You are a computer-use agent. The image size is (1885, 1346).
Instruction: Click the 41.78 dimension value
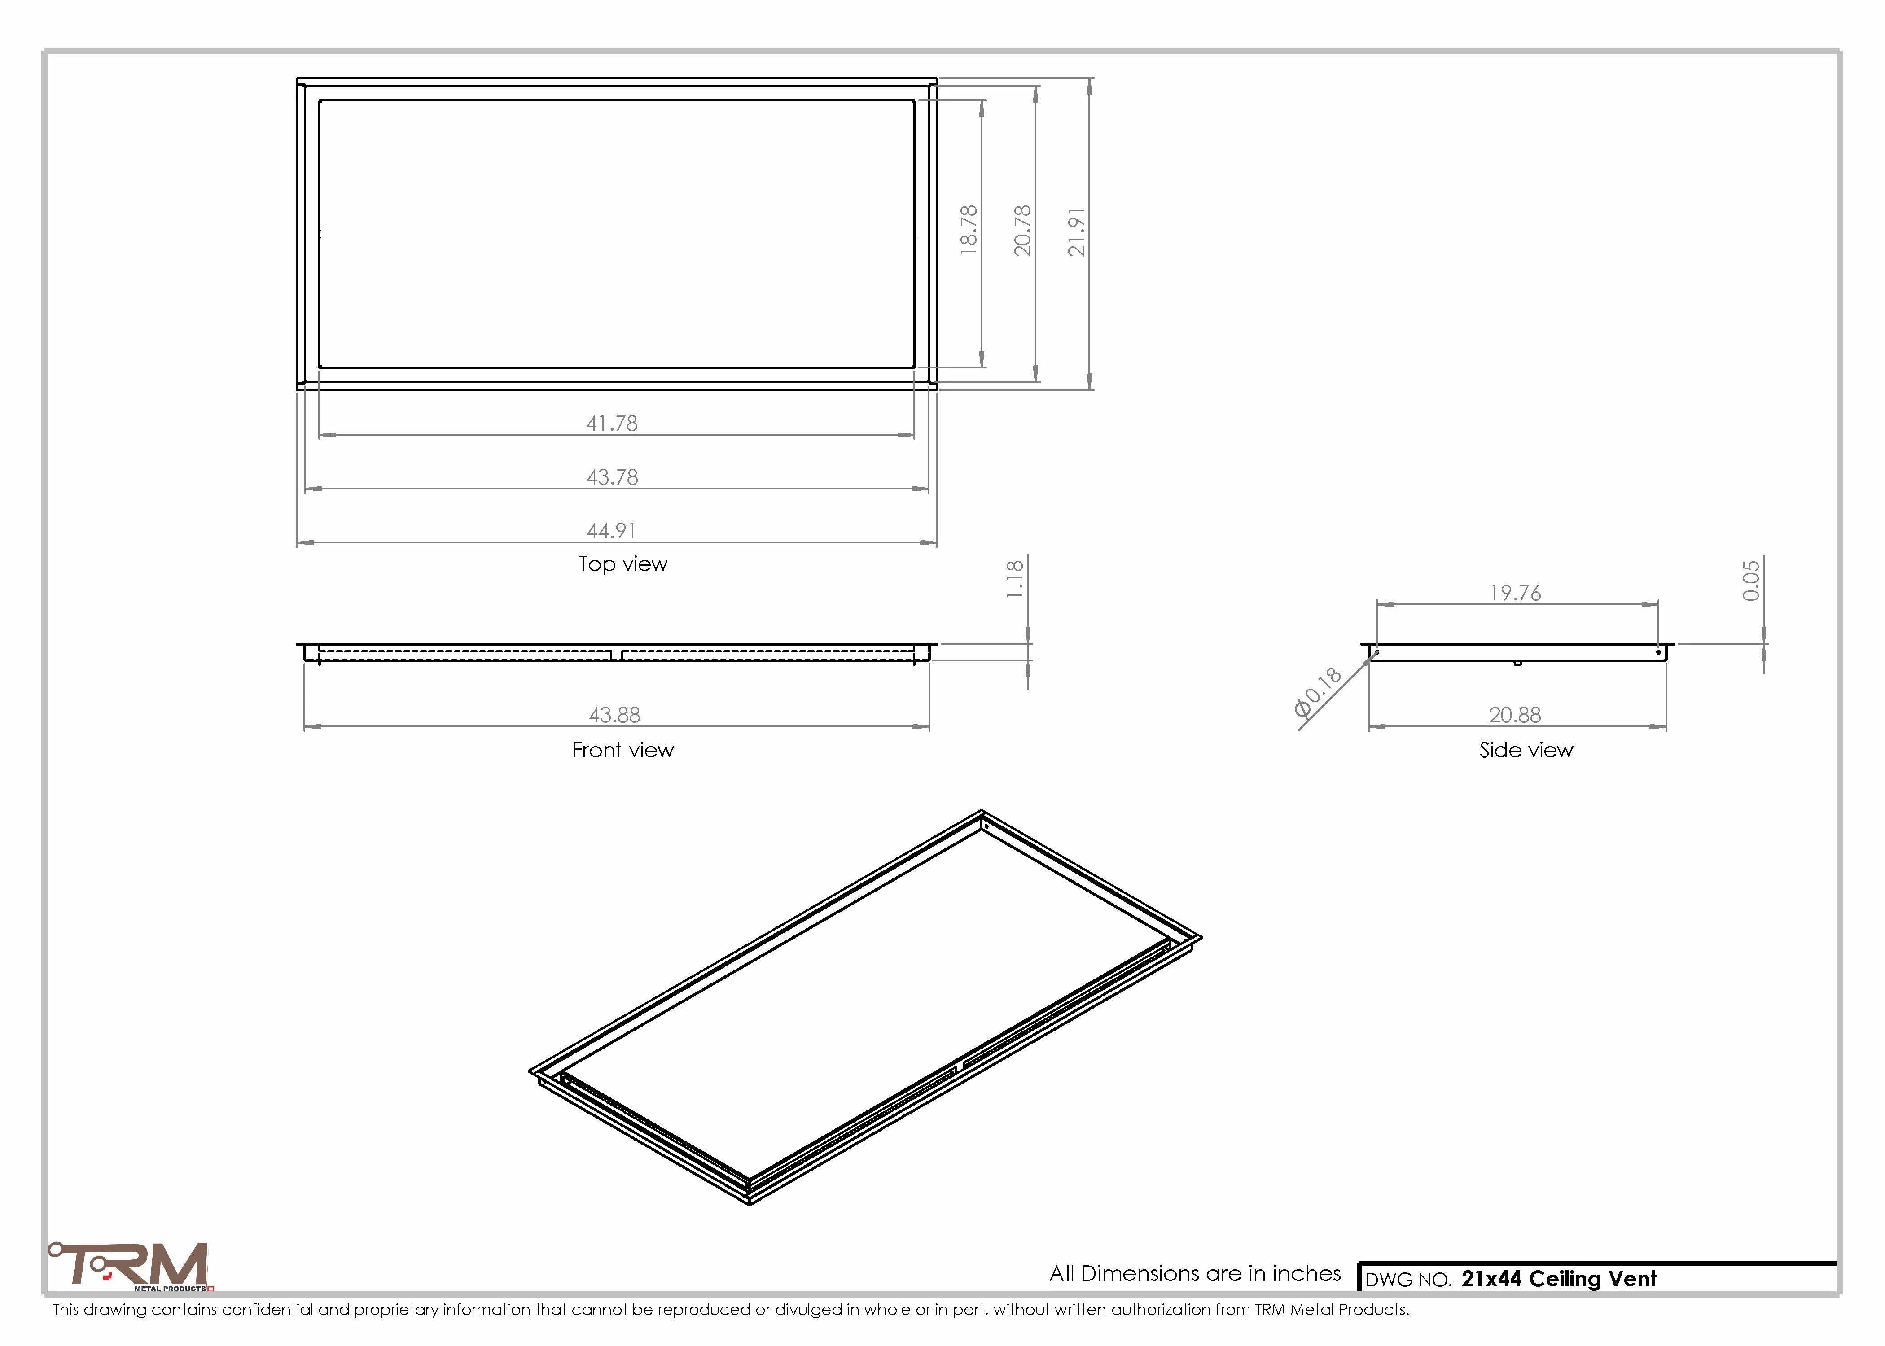click(612, 424)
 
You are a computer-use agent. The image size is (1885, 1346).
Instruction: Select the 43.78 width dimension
click(612, 477)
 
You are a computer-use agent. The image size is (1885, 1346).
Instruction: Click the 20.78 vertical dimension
click(1023, 231)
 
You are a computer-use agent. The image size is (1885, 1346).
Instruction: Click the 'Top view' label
click(622, 564)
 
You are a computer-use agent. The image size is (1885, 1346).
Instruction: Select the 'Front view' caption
click(622, 750)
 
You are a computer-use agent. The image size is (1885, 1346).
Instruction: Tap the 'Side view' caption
click(1526, 750)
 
